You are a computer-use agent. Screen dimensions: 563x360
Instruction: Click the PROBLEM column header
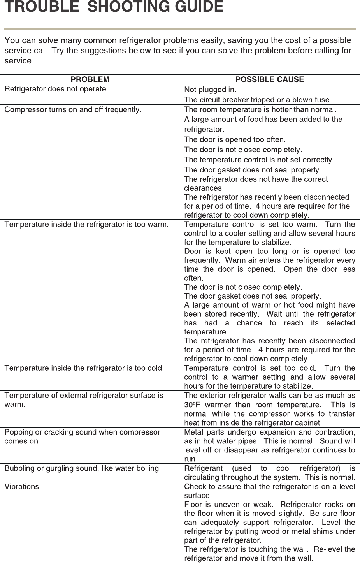point(90,79)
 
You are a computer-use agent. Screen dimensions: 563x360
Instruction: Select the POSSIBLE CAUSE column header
point(270,79)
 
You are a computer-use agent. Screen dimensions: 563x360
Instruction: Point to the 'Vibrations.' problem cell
point(23,486)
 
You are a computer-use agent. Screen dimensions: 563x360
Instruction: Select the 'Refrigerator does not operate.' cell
point(56,89)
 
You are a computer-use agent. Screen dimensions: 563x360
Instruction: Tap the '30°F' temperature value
point(192,405)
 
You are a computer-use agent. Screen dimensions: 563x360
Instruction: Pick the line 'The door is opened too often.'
point(235,139)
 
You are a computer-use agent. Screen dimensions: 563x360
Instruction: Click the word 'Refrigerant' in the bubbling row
point(203,468)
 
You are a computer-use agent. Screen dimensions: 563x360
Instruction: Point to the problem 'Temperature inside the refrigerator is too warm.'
point(86,224)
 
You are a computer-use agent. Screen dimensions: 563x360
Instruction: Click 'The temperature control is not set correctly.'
point(259,160)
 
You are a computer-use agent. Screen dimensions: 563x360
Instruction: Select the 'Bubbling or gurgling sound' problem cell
point(83,468)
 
